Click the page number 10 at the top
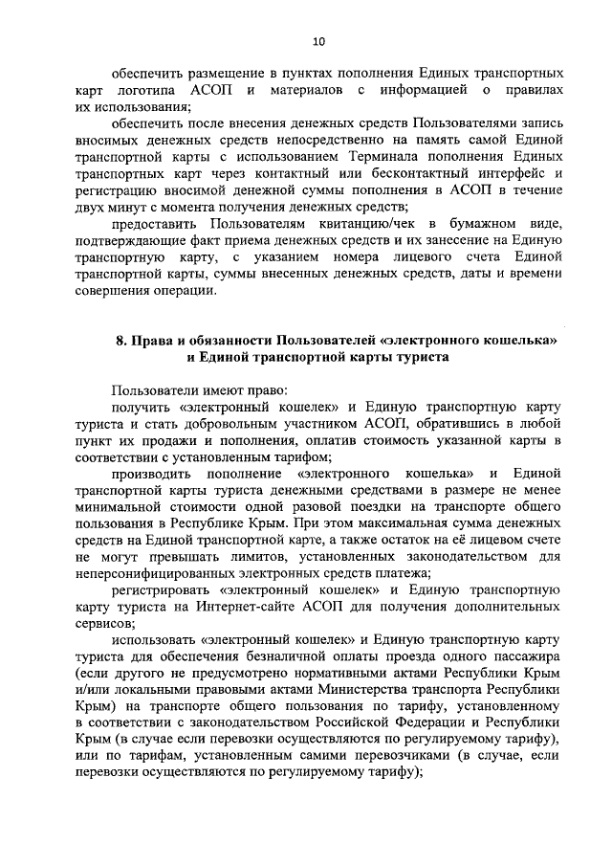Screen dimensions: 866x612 click(x=318, y=40)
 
